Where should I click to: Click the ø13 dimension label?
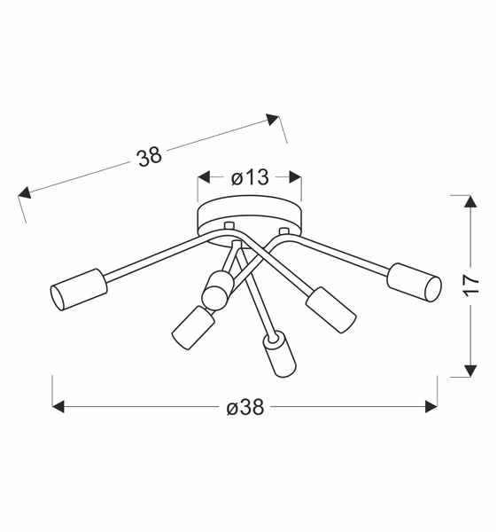[x=249, y=177]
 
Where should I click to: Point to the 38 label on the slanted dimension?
[x=150, y=157]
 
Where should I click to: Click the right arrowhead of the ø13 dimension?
[x=296, y=177]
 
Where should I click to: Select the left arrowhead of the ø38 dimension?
[x=59, y=407]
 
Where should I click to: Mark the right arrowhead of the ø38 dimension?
[x=431, y=407]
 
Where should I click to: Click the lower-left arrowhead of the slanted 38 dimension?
[x=25, y=193]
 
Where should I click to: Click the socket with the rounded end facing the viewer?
[x=217, y=286]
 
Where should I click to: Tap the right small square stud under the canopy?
[x=283, y=232]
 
